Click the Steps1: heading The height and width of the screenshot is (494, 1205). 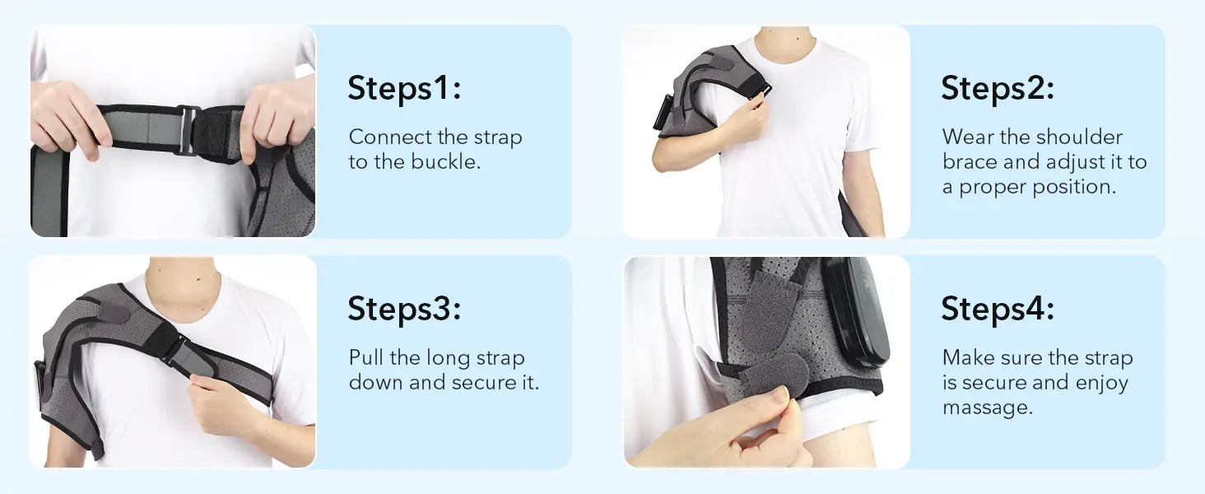click(x=404, y=88)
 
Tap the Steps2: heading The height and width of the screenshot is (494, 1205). click(x=998, y=88)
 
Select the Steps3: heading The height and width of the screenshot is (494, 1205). click(x=404, y=309)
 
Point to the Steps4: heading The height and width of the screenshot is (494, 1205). click(x=998, y=309)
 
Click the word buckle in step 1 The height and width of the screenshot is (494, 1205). click(x=445, y=161)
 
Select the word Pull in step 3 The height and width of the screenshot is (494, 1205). click(x=366, y=357)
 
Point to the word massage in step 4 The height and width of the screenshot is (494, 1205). click(x=988, y=408)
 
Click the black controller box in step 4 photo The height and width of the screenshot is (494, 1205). click(x=857, y=311)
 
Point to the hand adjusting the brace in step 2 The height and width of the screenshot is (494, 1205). click(x=747, y=122)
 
